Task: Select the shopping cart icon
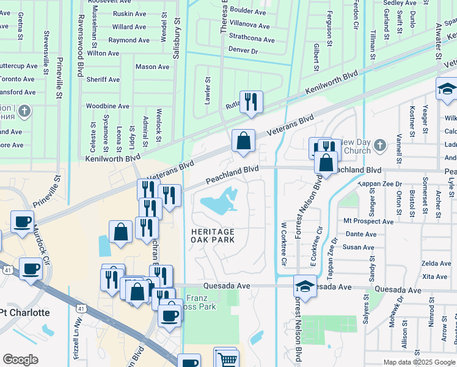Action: [x=226, y=360]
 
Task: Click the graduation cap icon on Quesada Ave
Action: [x=305, y=286]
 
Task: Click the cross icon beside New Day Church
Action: [x=379, y=145]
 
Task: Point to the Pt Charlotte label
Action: [x=24, y=313]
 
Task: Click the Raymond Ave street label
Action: [x=129, y=40]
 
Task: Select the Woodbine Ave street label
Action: [x=108, y=106]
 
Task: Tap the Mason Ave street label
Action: [x=152, y=67]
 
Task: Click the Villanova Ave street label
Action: [x=249, y=26]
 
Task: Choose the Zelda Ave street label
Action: [x=436, y=263]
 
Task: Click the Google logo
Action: [x=20, y=360]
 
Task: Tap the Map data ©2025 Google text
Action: [x=419, y=362]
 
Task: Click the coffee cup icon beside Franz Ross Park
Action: [x=169, y=315]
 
